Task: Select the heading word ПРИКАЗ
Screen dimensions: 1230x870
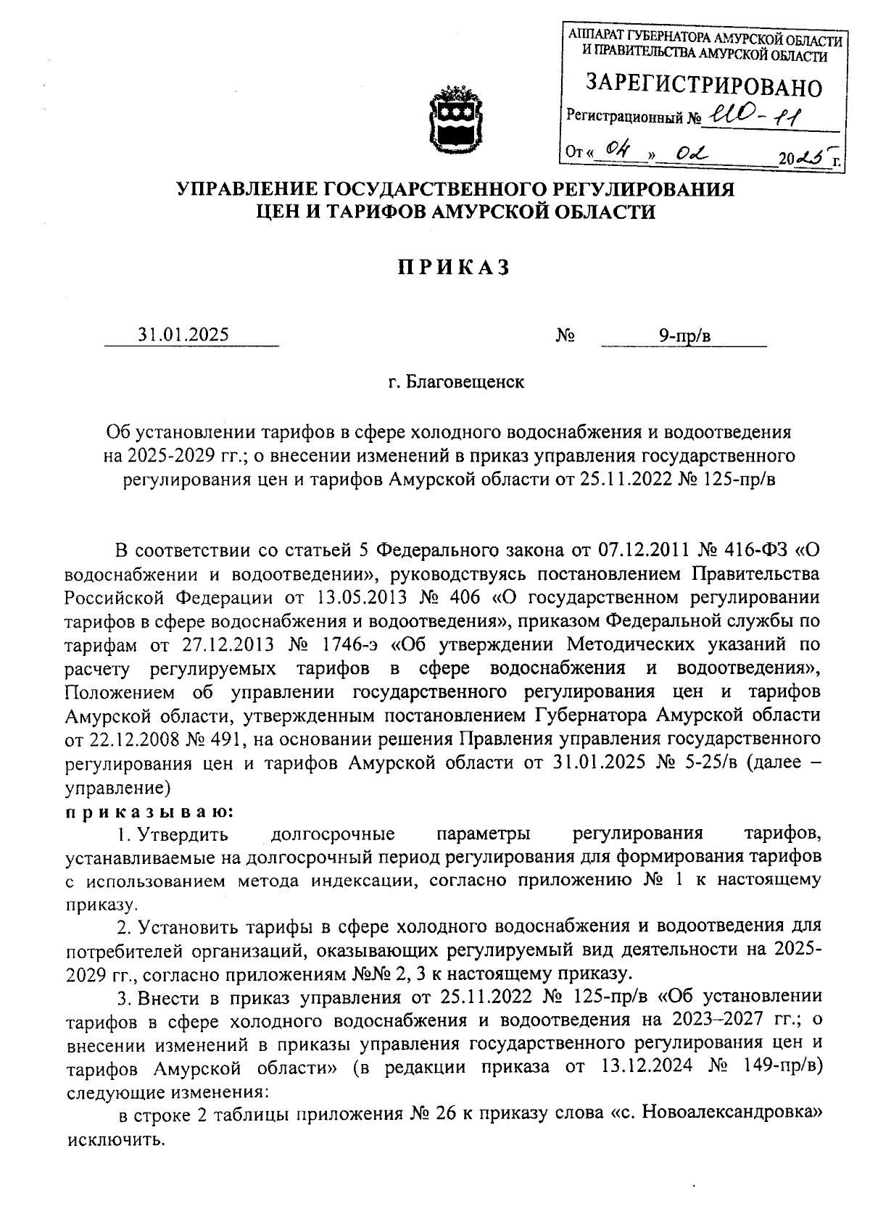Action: (x=454, y=268)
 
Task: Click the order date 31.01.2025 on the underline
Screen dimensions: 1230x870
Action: (x=183, y=335)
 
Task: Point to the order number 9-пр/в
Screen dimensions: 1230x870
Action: (x=684, y=335)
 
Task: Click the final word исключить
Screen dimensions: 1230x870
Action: (x=116, y=1138)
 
